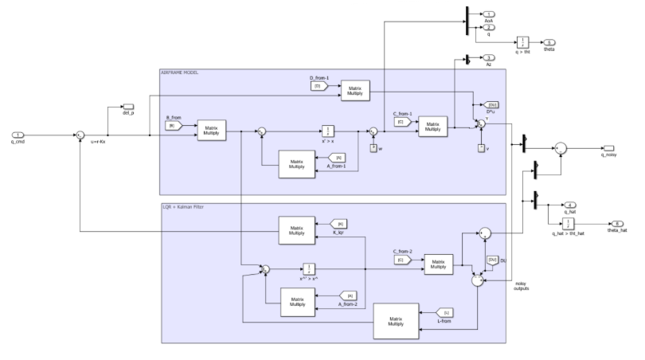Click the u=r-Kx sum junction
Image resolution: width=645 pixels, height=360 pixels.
point(80,136)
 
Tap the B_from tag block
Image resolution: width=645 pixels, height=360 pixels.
point(170,125)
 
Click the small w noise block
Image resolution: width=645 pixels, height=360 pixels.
point(373,147)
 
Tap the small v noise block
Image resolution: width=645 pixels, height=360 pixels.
point(481,147)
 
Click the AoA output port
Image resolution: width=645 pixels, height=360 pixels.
point(490,14)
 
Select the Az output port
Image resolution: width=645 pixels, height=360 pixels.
point(490,57)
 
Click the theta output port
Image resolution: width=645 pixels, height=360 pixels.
point(549,41)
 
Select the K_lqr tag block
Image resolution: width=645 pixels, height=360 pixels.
point(340,224)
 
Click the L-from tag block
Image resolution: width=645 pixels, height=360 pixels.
point(448,312)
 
